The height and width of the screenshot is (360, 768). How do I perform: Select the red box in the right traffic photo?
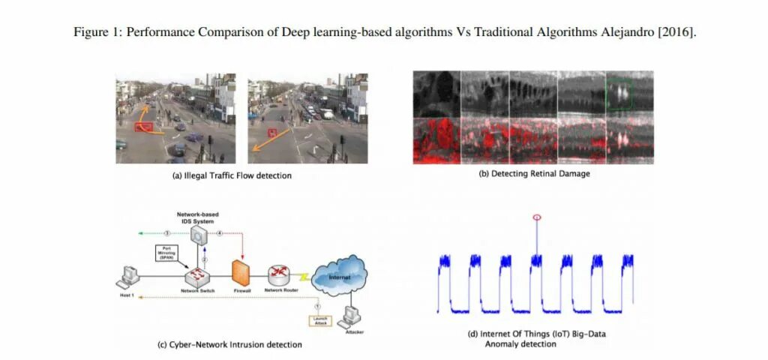(271, 132)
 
